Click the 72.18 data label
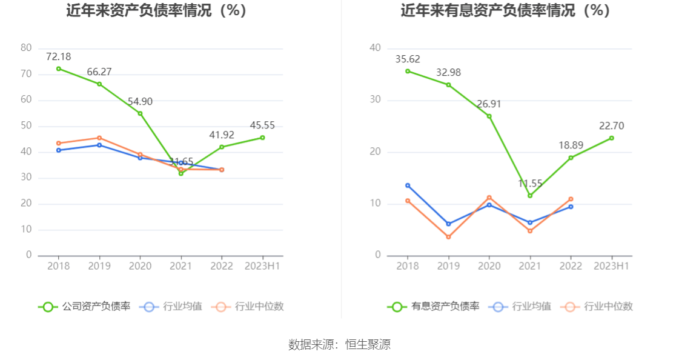tap(59, 57)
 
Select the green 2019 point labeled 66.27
tap(99, 84)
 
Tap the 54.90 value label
tap(140, 102)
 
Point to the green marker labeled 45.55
tap(262, 138)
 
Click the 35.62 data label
tap(408, 59)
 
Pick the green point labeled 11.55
tap(530, 196)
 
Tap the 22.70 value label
tap(612, 126)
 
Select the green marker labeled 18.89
tap(571, 158)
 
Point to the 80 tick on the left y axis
tap(26, 48)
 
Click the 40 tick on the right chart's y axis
tap(375, 48)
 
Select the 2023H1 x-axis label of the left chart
tap(262, 266)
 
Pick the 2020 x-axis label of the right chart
tap(489, 266)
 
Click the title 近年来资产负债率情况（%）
tap(157, 10)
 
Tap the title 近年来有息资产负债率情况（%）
tap(505, 10)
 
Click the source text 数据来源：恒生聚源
tap(339, 345)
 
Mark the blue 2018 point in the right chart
tap(408, 185)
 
